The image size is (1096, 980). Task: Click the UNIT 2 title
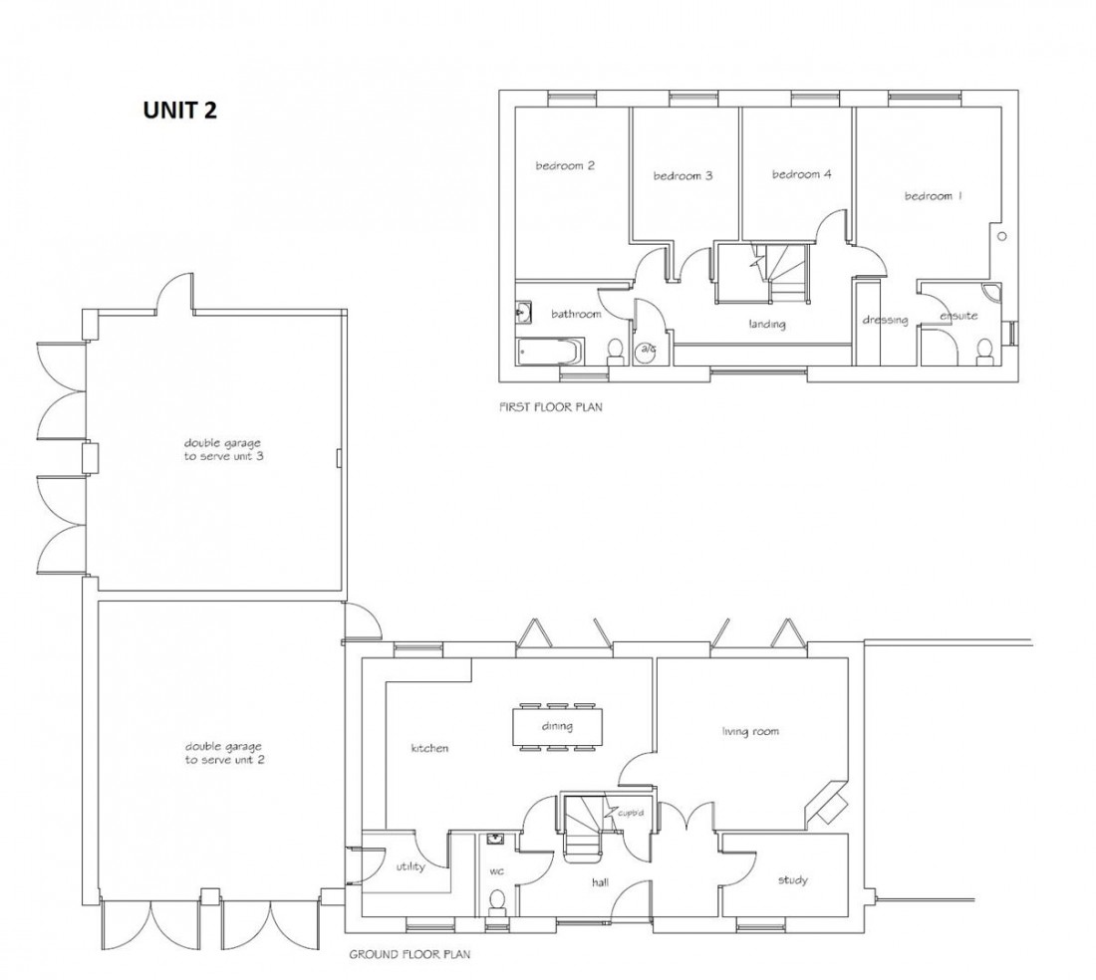179,111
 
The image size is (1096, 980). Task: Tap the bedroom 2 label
565,166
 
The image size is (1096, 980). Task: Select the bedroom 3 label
683,176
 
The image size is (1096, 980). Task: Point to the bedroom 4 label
801,174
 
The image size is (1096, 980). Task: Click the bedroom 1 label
934,196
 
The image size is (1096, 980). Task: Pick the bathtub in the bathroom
548,352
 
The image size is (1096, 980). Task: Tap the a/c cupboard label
648,349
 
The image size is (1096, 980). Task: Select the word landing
767,324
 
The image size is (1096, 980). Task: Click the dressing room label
885,320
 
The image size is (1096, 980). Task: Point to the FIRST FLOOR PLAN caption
550,407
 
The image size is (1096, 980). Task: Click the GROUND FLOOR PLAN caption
410,953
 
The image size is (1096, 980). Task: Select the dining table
558,726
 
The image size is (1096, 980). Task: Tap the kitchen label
429,748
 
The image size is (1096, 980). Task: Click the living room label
750,732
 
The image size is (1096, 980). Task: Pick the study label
793,880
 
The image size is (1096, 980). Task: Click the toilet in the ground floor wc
496,901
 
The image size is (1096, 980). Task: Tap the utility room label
411,866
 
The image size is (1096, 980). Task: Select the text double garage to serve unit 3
215,449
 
